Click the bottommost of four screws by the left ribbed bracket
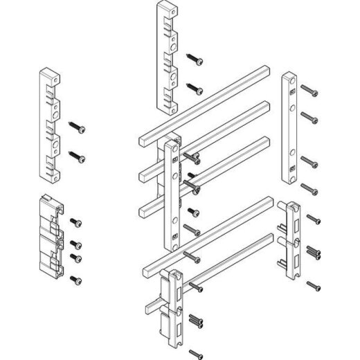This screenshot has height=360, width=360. [x=76, y=279]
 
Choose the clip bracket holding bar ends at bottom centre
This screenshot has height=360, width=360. [x=170, y=305]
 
